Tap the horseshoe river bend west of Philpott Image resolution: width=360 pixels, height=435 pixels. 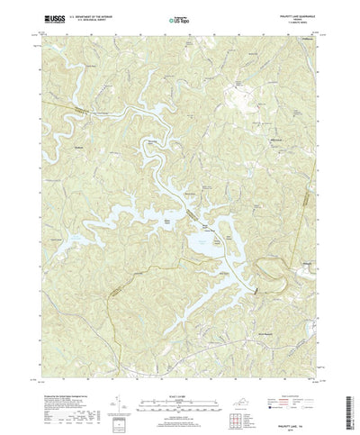tap(270, 264)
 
